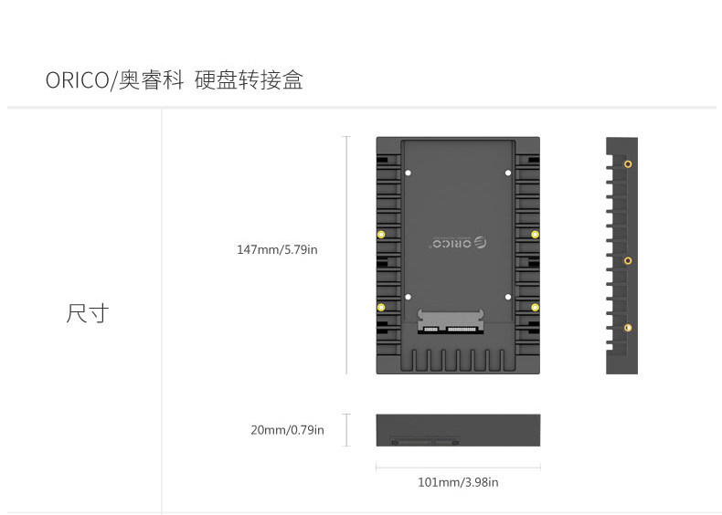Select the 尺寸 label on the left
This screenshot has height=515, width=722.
(88, 313)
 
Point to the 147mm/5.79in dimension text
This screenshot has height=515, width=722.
(277, 249)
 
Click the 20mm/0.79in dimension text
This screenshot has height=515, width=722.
(287, 429)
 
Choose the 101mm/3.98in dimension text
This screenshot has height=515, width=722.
(458, 482)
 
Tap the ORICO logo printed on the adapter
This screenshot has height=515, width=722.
(458, 244)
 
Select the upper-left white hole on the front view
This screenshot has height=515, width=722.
(408, 173)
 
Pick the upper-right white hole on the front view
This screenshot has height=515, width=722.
(508, 173)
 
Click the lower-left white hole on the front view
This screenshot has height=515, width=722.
(408, 296)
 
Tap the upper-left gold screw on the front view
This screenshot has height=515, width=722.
(381, 235)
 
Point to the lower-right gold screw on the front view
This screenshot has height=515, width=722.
(535, 306)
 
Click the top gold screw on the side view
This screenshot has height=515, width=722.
(628, 164)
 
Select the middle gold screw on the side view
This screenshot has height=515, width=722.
(628, 261)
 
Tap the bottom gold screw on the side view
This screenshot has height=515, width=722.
(628, 327)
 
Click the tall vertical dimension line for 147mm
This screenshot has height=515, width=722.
(346, 256)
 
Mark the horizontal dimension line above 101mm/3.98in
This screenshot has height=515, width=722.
(458, 468)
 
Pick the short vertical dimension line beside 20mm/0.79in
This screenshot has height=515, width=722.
(346, 430)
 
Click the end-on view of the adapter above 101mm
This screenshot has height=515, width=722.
(458, 430)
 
